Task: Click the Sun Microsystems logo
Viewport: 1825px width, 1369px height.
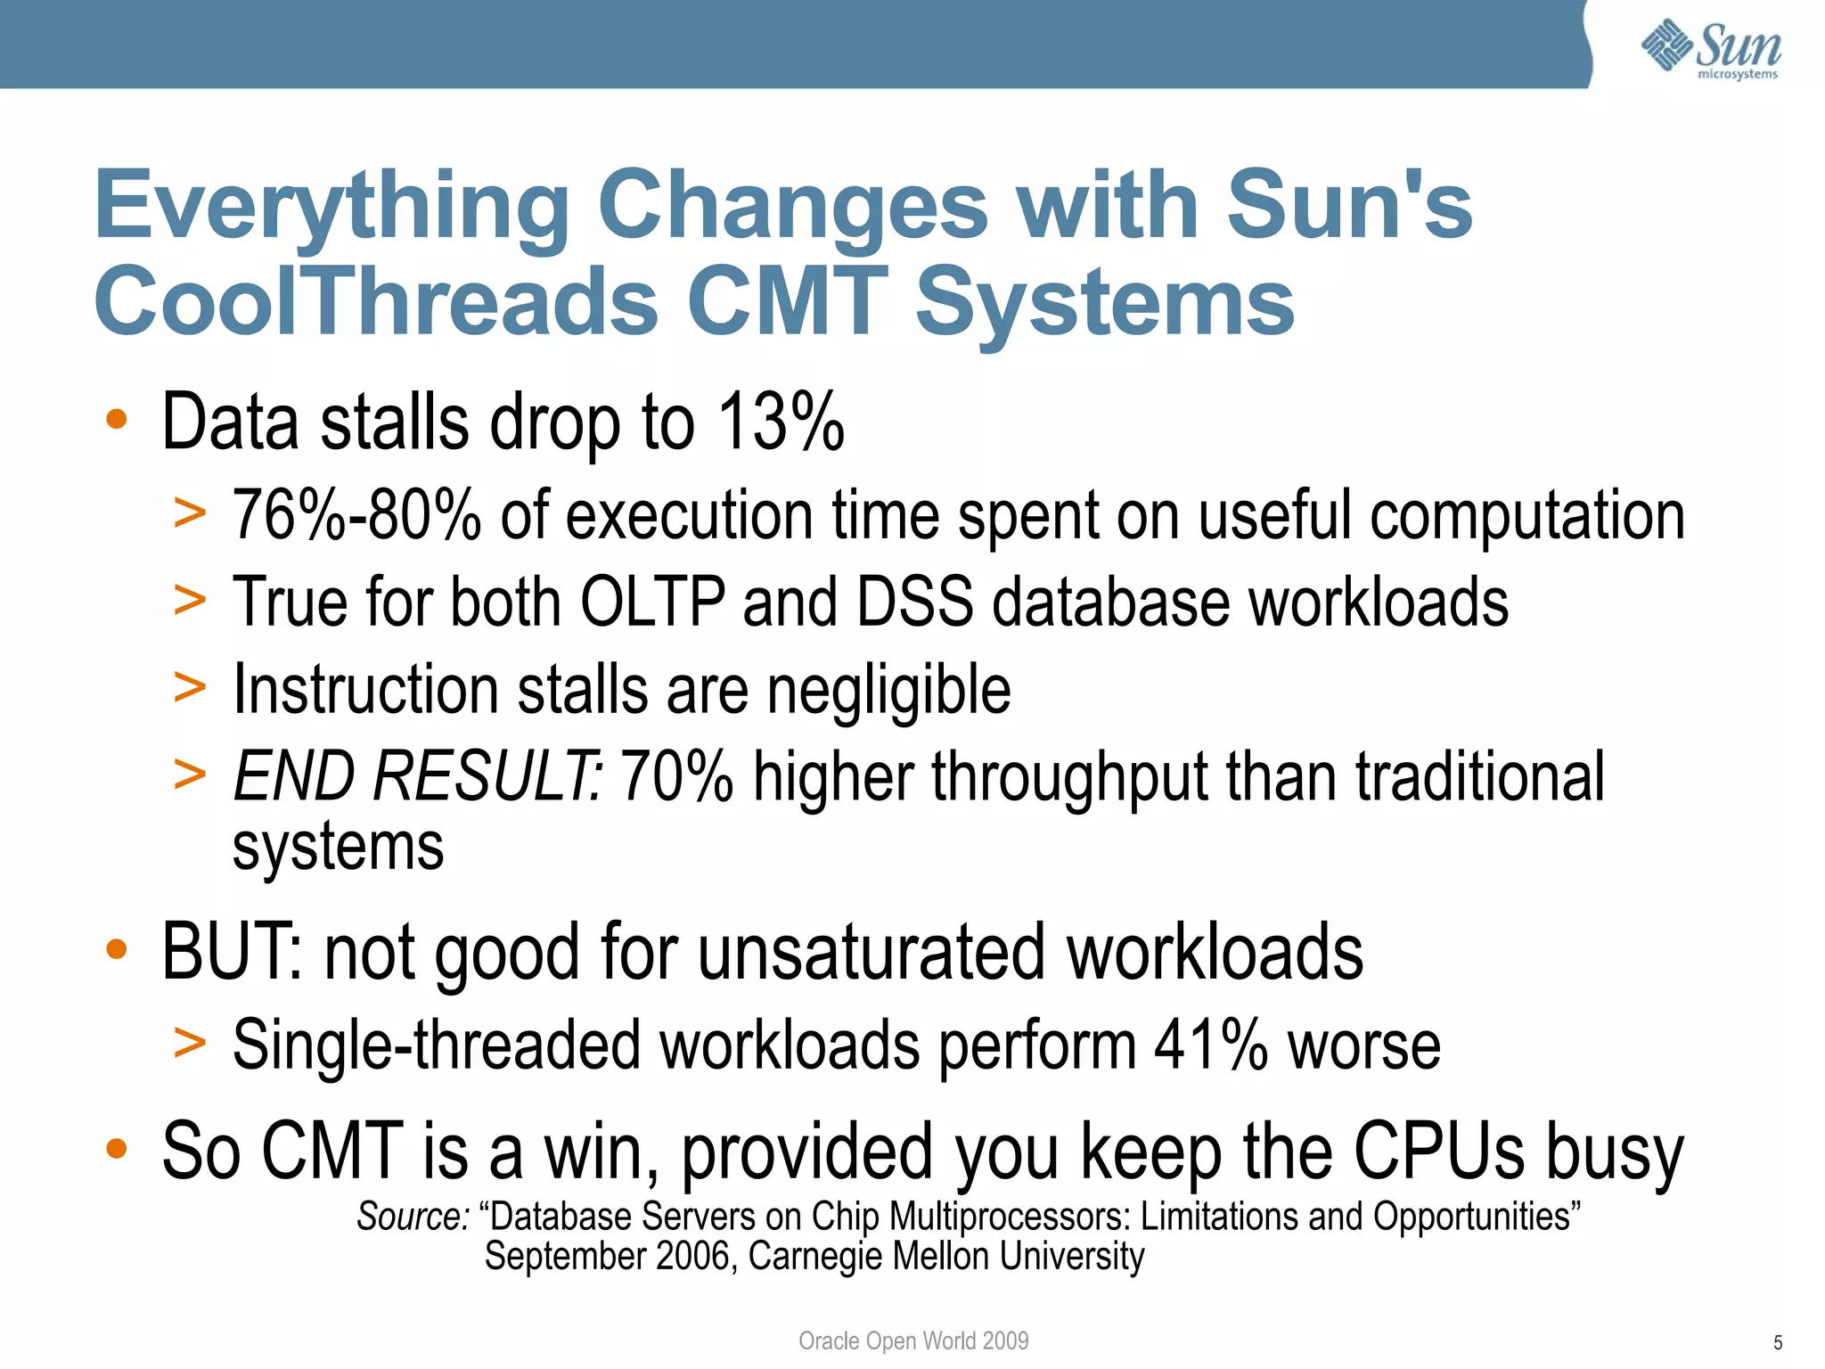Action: [1711, 48]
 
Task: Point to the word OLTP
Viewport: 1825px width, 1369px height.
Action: [652, 603]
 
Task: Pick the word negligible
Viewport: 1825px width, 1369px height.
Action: [888, 690]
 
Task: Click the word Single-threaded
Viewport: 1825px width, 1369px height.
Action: [436, 1045]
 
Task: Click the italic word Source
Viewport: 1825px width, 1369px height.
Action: [413, 1217]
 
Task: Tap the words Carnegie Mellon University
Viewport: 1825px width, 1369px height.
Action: [945, 1257]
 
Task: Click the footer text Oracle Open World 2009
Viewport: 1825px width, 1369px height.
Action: [913, 1340]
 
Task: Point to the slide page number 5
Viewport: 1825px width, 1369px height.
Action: [1778, 1343]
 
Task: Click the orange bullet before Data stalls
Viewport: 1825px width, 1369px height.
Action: [117, 420]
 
